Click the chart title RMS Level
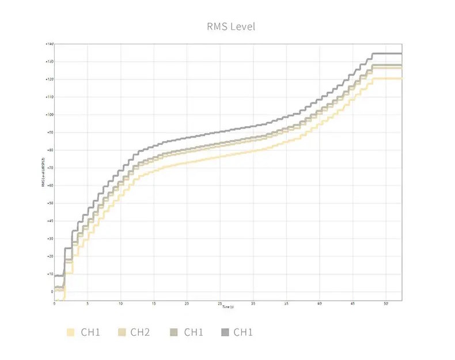tap(230, 26)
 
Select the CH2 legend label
tap(141, 332)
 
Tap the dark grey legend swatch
tap(225, 332)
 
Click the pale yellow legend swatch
tap(71, 332)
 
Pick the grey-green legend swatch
tap(175, 332)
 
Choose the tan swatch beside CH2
tap(122, 332)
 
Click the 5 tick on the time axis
tap(88, 303)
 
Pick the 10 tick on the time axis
tap(121, 303)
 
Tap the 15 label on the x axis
tap(154, 303)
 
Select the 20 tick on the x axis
tap(187, 303)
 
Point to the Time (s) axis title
tap(228, 306)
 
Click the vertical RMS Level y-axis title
tap(44, 172)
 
